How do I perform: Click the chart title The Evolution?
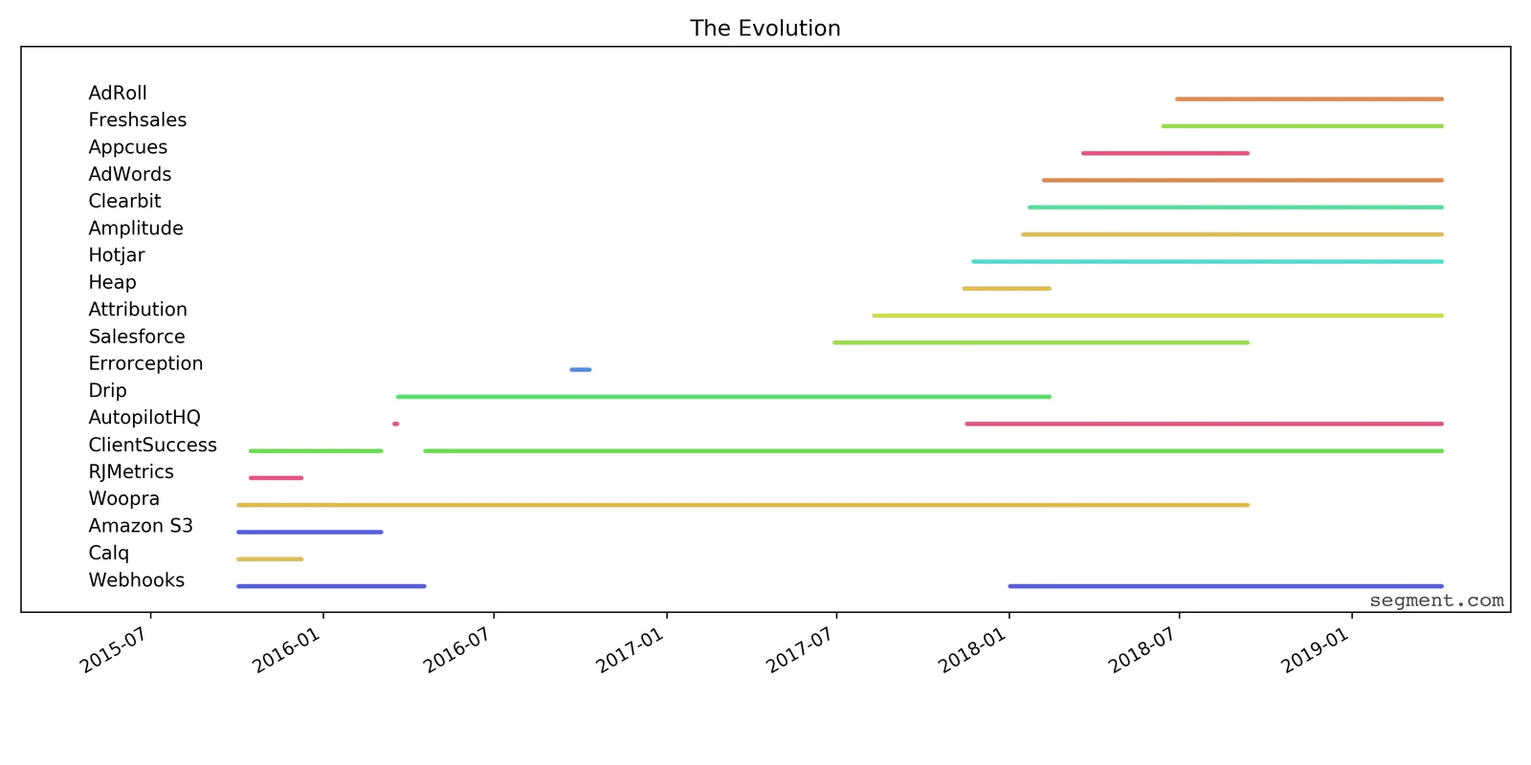pos(765,29)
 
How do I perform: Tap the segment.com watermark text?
pos(1435,601)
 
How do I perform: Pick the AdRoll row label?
pos(118,94)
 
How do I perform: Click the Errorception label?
pos(145,364)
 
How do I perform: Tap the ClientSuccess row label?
pos(152,446)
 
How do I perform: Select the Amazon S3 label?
pos(141,526)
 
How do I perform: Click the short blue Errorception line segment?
pos(581,369)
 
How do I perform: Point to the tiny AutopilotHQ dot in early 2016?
pos(395,424)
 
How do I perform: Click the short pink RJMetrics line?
pos(276,477)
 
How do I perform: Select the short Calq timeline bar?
pos(270,558)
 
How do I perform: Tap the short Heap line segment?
pos(1007,288)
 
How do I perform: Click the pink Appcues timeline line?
pos(1165,153)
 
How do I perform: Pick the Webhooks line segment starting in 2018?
pos(1225,586)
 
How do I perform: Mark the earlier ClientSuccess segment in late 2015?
pos(316,450)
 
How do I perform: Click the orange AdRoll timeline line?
pos(1309,98)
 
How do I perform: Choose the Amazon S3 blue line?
pos(310,532)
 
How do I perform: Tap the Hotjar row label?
pos(117,256)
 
